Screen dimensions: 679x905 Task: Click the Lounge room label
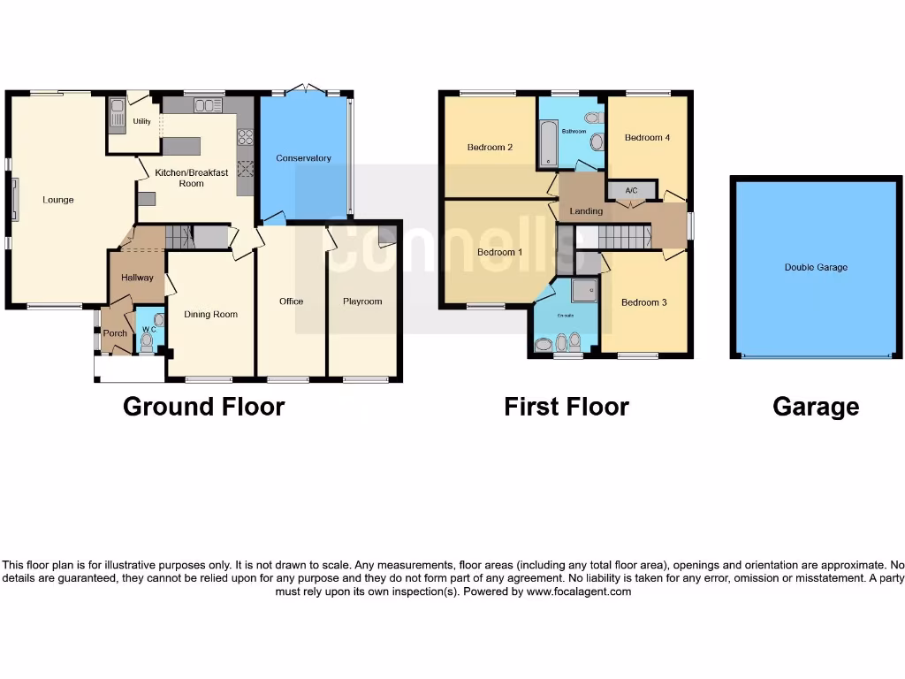coord(58,200)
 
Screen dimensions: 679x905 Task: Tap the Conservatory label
coord(303,158)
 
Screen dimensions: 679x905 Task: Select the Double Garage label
coord(816,267)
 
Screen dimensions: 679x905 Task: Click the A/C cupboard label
coord(631,190)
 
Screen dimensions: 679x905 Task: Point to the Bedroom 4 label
coord(647,138)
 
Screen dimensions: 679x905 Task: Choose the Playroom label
coord(362,301)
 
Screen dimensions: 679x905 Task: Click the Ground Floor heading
coord(203,407)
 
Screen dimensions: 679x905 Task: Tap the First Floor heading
coord(566,407)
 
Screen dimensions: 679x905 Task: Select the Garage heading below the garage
coord(815,407)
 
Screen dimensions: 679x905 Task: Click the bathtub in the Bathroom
coord(548,145)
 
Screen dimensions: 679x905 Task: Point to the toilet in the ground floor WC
coord(147,341)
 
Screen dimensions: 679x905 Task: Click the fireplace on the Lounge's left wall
coord(14,200)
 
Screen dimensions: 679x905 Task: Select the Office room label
coord(291,301)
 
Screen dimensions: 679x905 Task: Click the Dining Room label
coord(210,314)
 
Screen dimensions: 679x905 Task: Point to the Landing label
coord(586,211)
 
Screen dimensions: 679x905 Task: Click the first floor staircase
coord(619,237)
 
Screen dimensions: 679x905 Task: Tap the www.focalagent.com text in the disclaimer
coord(578,592)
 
